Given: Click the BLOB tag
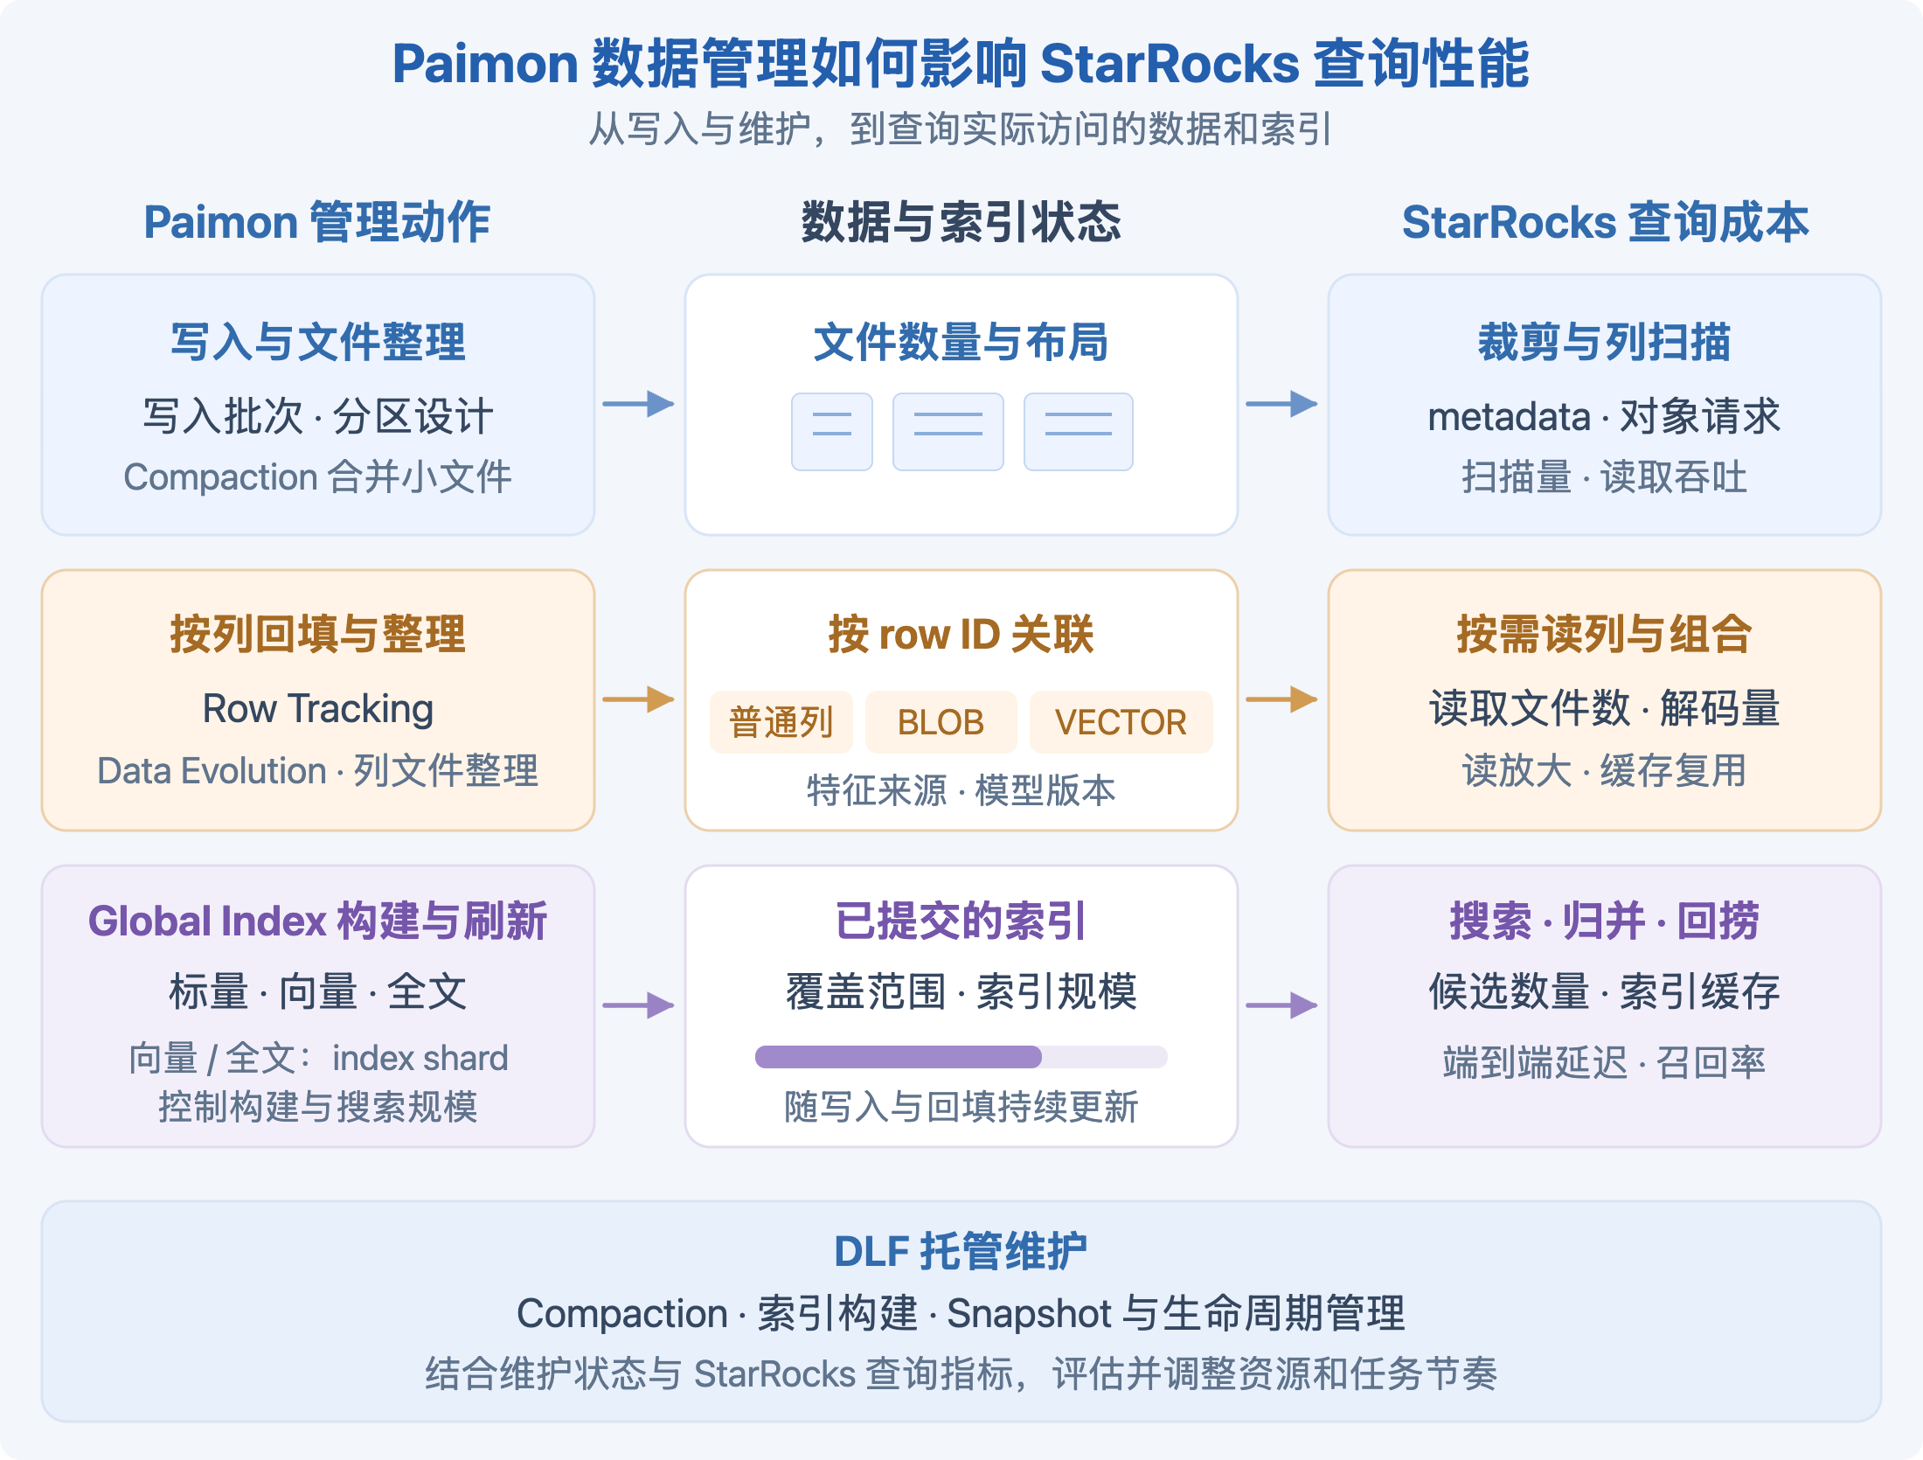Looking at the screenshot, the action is (941, 722).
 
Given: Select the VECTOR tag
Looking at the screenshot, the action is (1121, 722).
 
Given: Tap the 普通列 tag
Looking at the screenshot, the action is (781, 722).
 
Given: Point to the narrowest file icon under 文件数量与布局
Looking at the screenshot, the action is (832, 432).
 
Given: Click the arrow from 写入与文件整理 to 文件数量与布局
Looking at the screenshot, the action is (638, 404).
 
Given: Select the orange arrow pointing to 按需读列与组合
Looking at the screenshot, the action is (1281, 699).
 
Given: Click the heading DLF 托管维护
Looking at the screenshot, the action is (961, 1251).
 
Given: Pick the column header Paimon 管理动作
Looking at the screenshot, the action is (317, 222).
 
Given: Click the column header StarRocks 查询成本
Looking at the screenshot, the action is (1605, 222).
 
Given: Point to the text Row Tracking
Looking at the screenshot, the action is (318, 709).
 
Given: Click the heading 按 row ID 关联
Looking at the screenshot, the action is (961, 634).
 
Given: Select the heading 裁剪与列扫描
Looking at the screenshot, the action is (1604, 342).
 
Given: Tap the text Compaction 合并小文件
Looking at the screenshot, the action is (317, 477).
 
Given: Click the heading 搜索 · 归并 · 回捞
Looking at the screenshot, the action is (1604, 921).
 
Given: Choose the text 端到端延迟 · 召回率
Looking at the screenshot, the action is (1604, 1062).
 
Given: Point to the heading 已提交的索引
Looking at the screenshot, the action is (961, 921).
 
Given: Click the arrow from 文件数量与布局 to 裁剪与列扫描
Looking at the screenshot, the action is (1281, 404).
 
